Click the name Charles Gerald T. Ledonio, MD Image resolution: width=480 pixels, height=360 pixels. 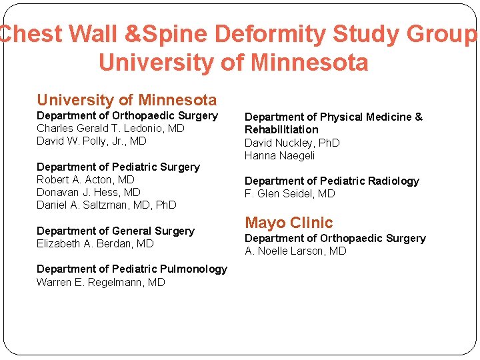point(111,128)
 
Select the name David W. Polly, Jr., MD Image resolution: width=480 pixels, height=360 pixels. point(91,141)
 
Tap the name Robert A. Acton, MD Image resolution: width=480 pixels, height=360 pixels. point(85,179)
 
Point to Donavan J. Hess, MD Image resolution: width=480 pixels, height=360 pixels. point(89,192)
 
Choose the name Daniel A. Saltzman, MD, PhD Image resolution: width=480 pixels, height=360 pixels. point(107,205)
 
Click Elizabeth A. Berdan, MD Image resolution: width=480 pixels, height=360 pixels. point(95,243)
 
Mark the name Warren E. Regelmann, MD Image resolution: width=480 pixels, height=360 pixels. point(101,282)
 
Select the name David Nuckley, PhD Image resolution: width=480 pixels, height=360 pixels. point(292,143)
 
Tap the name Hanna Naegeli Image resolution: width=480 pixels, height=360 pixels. point(279,155)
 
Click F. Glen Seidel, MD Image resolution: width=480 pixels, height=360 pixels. point(290,193)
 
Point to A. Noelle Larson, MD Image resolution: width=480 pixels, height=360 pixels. point(295,251)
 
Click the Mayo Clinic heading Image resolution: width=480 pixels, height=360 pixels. point(289,223)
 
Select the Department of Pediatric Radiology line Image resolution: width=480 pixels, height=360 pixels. point(332,181)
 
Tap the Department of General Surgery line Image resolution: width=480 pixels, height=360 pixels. point(115,231)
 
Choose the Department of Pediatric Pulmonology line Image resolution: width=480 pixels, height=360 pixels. point(132,269)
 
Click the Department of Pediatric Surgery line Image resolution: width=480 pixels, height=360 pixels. point(118,167)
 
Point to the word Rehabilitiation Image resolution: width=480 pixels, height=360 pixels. point(281,129)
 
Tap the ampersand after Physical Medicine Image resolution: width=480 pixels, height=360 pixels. point(418,117)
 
